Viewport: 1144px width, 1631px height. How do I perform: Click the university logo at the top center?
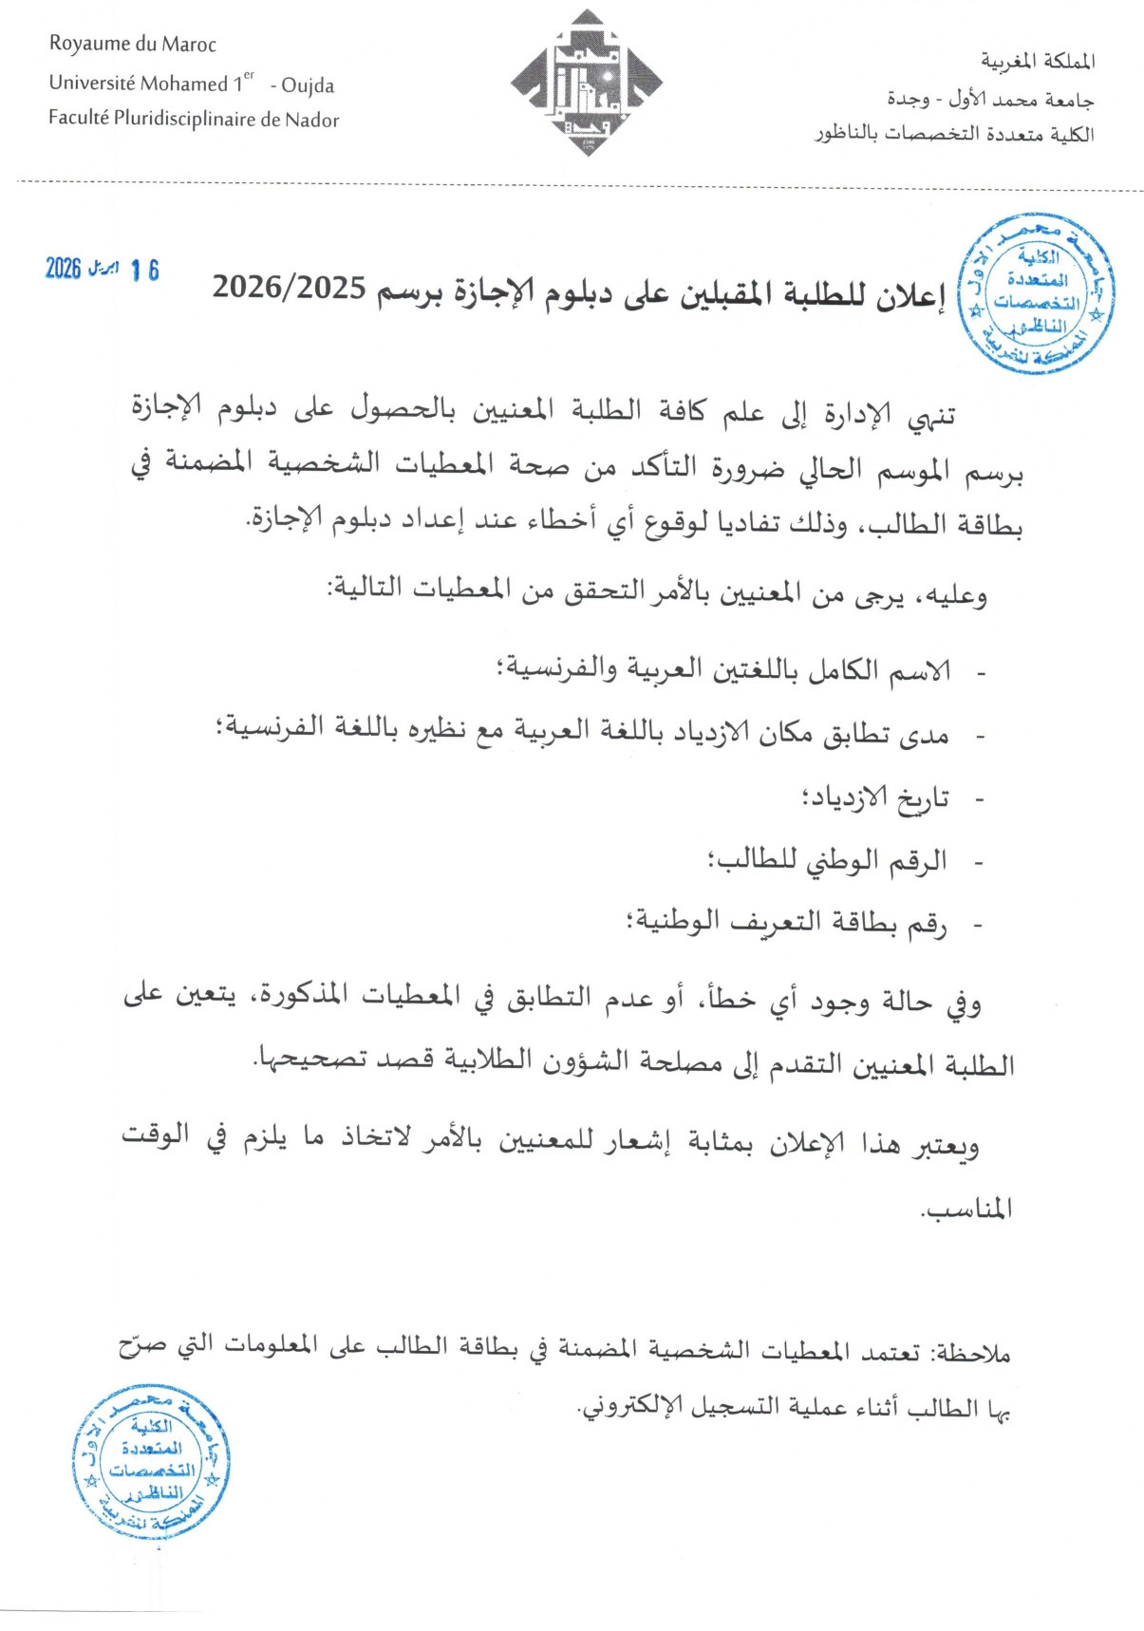click(586, 84)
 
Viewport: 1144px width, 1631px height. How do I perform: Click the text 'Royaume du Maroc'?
click(133, 45)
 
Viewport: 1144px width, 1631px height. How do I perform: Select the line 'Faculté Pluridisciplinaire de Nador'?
click(194, 120)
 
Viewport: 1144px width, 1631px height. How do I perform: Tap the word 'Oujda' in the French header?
click(309, 85)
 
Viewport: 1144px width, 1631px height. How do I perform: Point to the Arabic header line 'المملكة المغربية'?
click(1038, 62)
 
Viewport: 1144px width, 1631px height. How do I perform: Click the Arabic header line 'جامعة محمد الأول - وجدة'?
click(990, 99)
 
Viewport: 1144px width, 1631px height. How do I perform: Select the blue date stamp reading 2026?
click(102, 270)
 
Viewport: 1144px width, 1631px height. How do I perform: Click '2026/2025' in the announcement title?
click(289, 287)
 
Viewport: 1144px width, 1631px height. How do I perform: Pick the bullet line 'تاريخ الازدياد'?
click(875, 797)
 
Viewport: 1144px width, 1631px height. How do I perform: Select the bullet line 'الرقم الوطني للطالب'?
click(827, 860)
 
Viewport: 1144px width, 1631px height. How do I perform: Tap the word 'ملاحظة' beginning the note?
click(973, 1353)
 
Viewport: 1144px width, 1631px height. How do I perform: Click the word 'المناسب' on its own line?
click(966, 1209)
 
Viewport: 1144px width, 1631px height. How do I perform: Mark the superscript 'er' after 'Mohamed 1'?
click(249, 75)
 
